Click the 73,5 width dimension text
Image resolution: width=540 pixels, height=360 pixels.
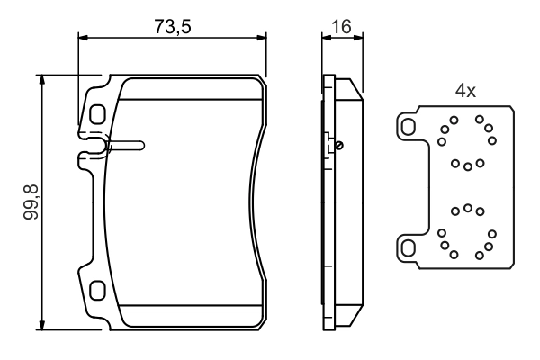172,26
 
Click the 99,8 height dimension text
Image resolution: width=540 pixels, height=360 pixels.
31,202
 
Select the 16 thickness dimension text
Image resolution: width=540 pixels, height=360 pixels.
341,26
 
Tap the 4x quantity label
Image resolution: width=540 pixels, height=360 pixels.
465,91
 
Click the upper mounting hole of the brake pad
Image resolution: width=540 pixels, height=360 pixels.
97,114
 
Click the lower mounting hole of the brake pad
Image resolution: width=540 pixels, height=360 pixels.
97,291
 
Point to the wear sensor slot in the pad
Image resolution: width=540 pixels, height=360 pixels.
126,146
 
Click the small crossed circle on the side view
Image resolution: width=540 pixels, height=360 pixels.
339,146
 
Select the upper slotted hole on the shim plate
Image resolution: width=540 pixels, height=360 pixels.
408,127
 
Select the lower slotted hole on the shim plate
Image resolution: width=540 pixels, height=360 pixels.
408,248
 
